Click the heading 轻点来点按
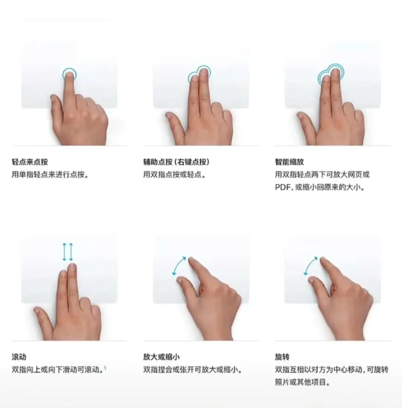(30, 162)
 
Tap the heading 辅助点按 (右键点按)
(176, 162)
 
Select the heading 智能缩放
(289, 162)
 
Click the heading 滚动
(19, 357)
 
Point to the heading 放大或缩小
(161, 357)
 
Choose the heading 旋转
(282, 357)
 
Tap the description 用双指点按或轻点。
(175, 175)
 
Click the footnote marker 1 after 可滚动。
(105, 368)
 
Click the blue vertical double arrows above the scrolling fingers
(67, 252)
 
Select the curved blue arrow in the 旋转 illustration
(311, 265)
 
